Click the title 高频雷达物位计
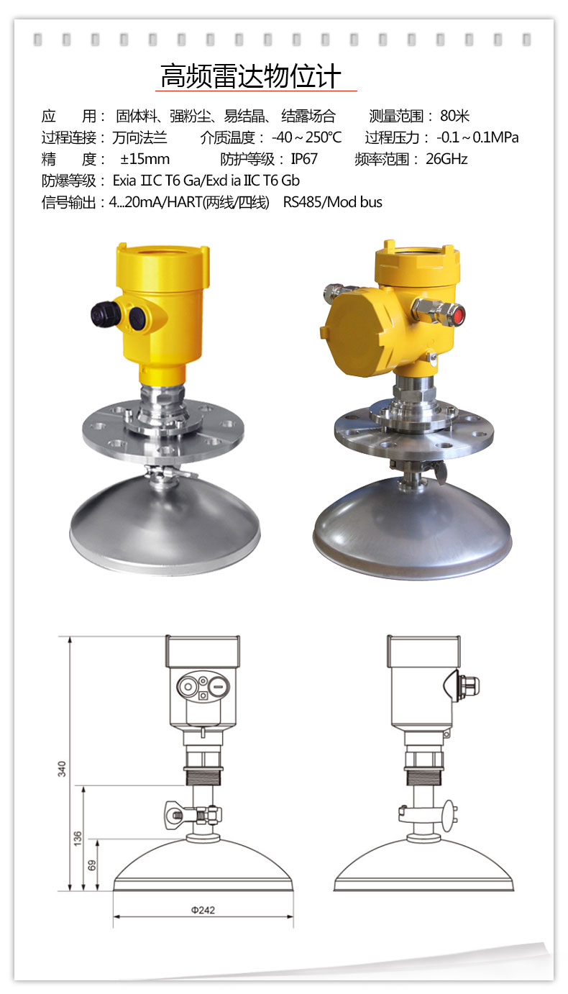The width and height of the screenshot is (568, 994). [x=251, y=76]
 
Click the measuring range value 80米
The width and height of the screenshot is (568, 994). [x=455, y=117]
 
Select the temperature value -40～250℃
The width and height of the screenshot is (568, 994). [x=306, y=137]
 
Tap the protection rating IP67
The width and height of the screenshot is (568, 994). [x=304, y=159]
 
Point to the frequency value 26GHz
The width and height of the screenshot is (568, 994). [x=446, y=159]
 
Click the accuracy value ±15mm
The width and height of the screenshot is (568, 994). [x=145, y=159]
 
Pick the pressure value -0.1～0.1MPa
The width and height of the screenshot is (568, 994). [x=477, y=137]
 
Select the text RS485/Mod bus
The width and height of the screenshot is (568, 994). [x=332, y=202]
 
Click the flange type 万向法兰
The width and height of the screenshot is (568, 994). [x=139, y=137]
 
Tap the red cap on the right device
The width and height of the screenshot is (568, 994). [x=459, y=316]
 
